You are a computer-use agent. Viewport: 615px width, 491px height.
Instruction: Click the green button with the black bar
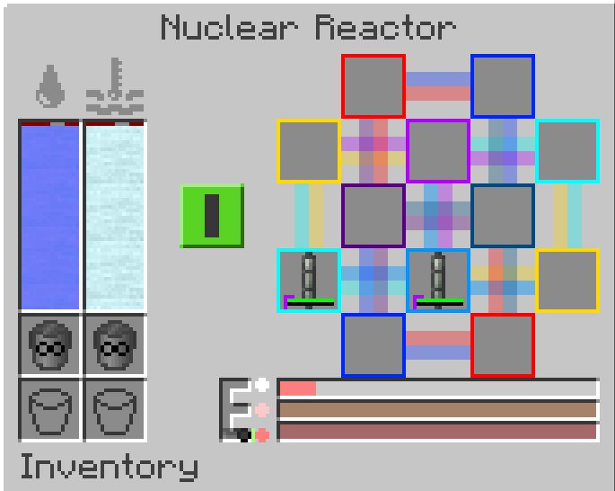212,216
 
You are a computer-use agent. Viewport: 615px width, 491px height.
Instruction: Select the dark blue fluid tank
50,216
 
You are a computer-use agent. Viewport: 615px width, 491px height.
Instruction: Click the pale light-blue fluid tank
115,216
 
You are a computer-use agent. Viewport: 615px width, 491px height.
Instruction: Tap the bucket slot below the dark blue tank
50,410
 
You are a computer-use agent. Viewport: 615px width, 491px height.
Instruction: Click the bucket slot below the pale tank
115,410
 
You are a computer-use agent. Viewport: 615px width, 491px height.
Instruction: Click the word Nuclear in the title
231,28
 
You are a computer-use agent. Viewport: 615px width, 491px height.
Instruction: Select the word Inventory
109,467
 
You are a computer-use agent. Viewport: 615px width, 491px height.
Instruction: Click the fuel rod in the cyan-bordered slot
309,280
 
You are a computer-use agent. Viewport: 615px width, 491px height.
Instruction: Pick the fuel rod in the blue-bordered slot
438,280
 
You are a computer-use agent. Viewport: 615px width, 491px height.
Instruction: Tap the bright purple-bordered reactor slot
438,151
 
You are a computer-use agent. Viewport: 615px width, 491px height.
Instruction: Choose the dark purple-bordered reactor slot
373,216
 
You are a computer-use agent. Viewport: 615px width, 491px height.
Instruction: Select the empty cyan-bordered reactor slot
567,151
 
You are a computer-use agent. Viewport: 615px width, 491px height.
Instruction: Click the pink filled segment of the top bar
298,388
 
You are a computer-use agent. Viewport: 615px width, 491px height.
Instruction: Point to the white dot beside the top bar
262,386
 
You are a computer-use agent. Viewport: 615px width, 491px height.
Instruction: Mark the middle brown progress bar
438,410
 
